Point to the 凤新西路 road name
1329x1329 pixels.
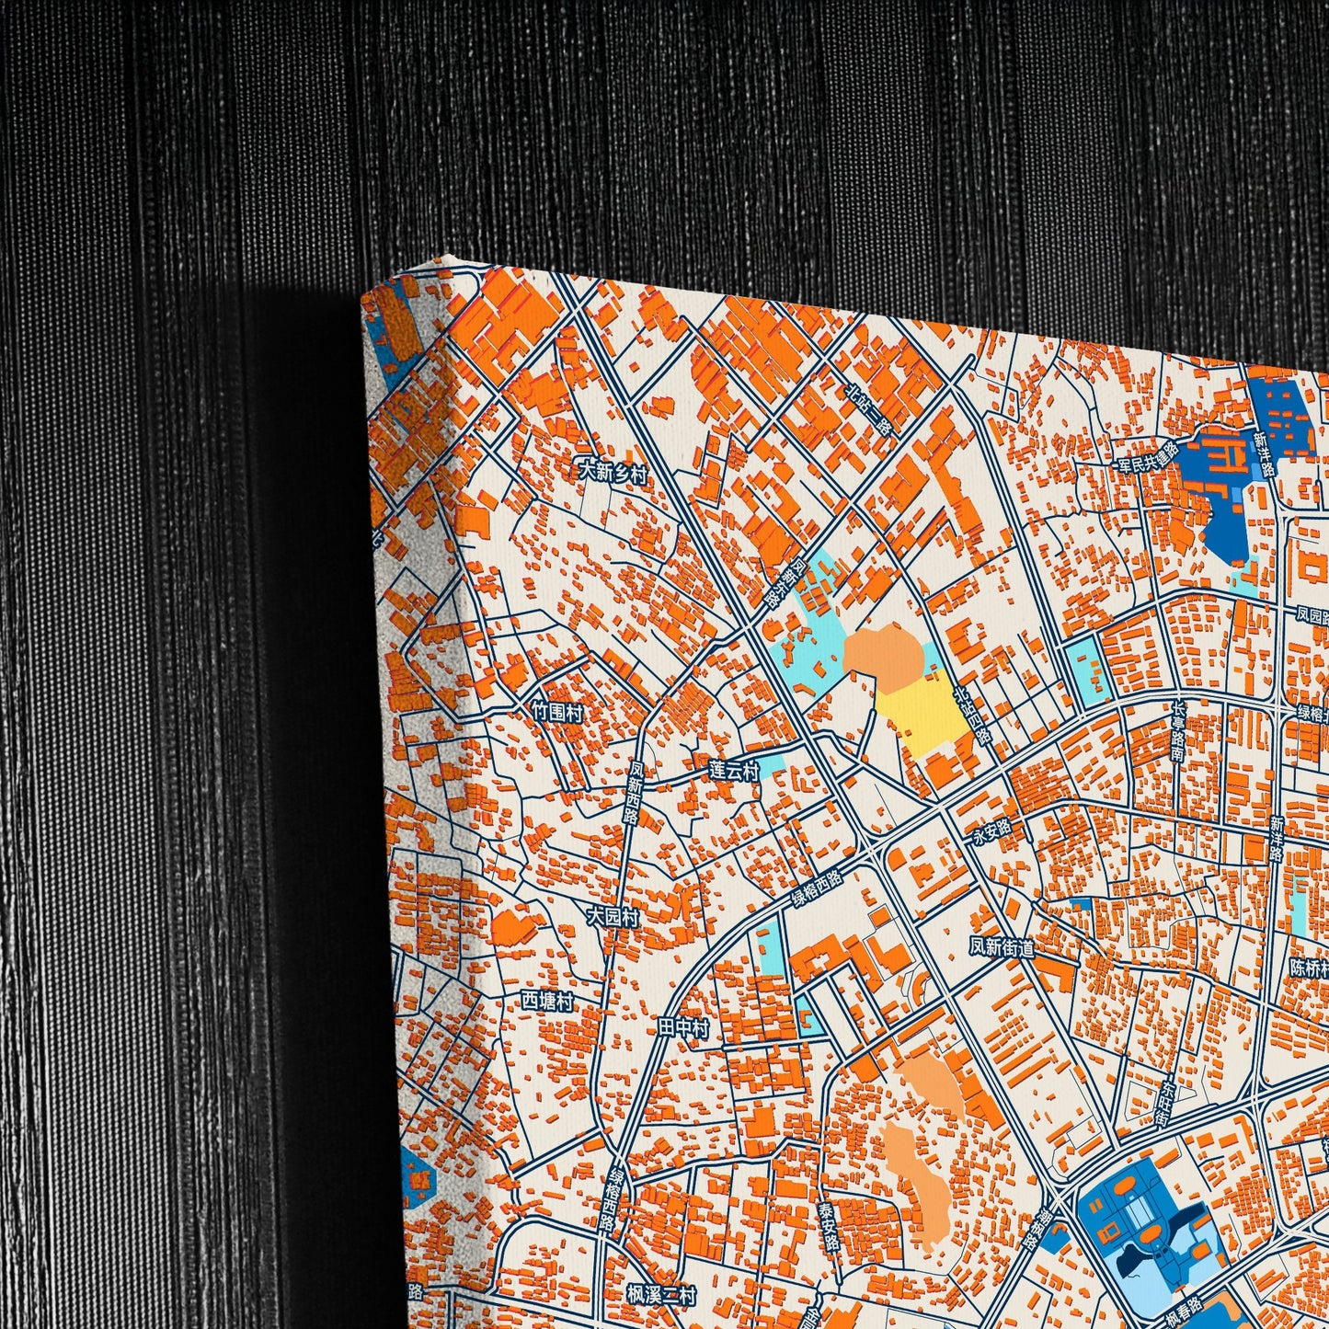click(x=634, y=793)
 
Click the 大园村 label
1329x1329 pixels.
click(x=613, y=917)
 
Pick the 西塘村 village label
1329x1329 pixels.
click(x=548, y=1000)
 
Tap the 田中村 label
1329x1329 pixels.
click(x=683, y=1029)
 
